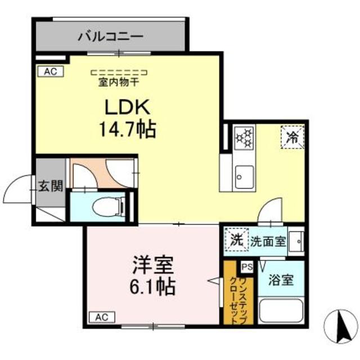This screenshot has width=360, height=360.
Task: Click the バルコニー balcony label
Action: tap(111, 37)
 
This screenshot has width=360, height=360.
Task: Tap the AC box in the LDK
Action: tap(51, 71)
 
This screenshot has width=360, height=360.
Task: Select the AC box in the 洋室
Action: tap(101, 317)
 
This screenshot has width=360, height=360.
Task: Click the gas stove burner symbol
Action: tap(244, 137)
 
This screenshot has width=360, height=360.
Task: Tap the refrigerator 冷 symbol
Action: tap(292, 136)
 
